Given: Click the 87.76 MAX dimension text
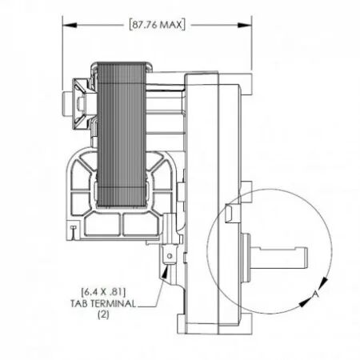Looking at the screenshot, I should pos(156,25).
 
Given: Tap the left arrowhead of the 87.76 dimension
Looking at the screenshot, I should pos(66,25).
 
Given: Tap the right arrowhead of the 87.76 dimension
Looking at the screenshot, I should pos(247,25).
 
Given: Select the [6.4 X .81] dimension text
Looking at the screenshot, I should pos(104,292).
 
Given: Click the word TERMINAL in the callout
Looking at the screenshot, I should pos(119,304).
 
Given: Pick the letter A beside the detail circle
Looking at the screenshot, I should pos(317,294).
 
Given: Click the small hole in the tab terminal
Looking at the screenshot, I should pos(170,256).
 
